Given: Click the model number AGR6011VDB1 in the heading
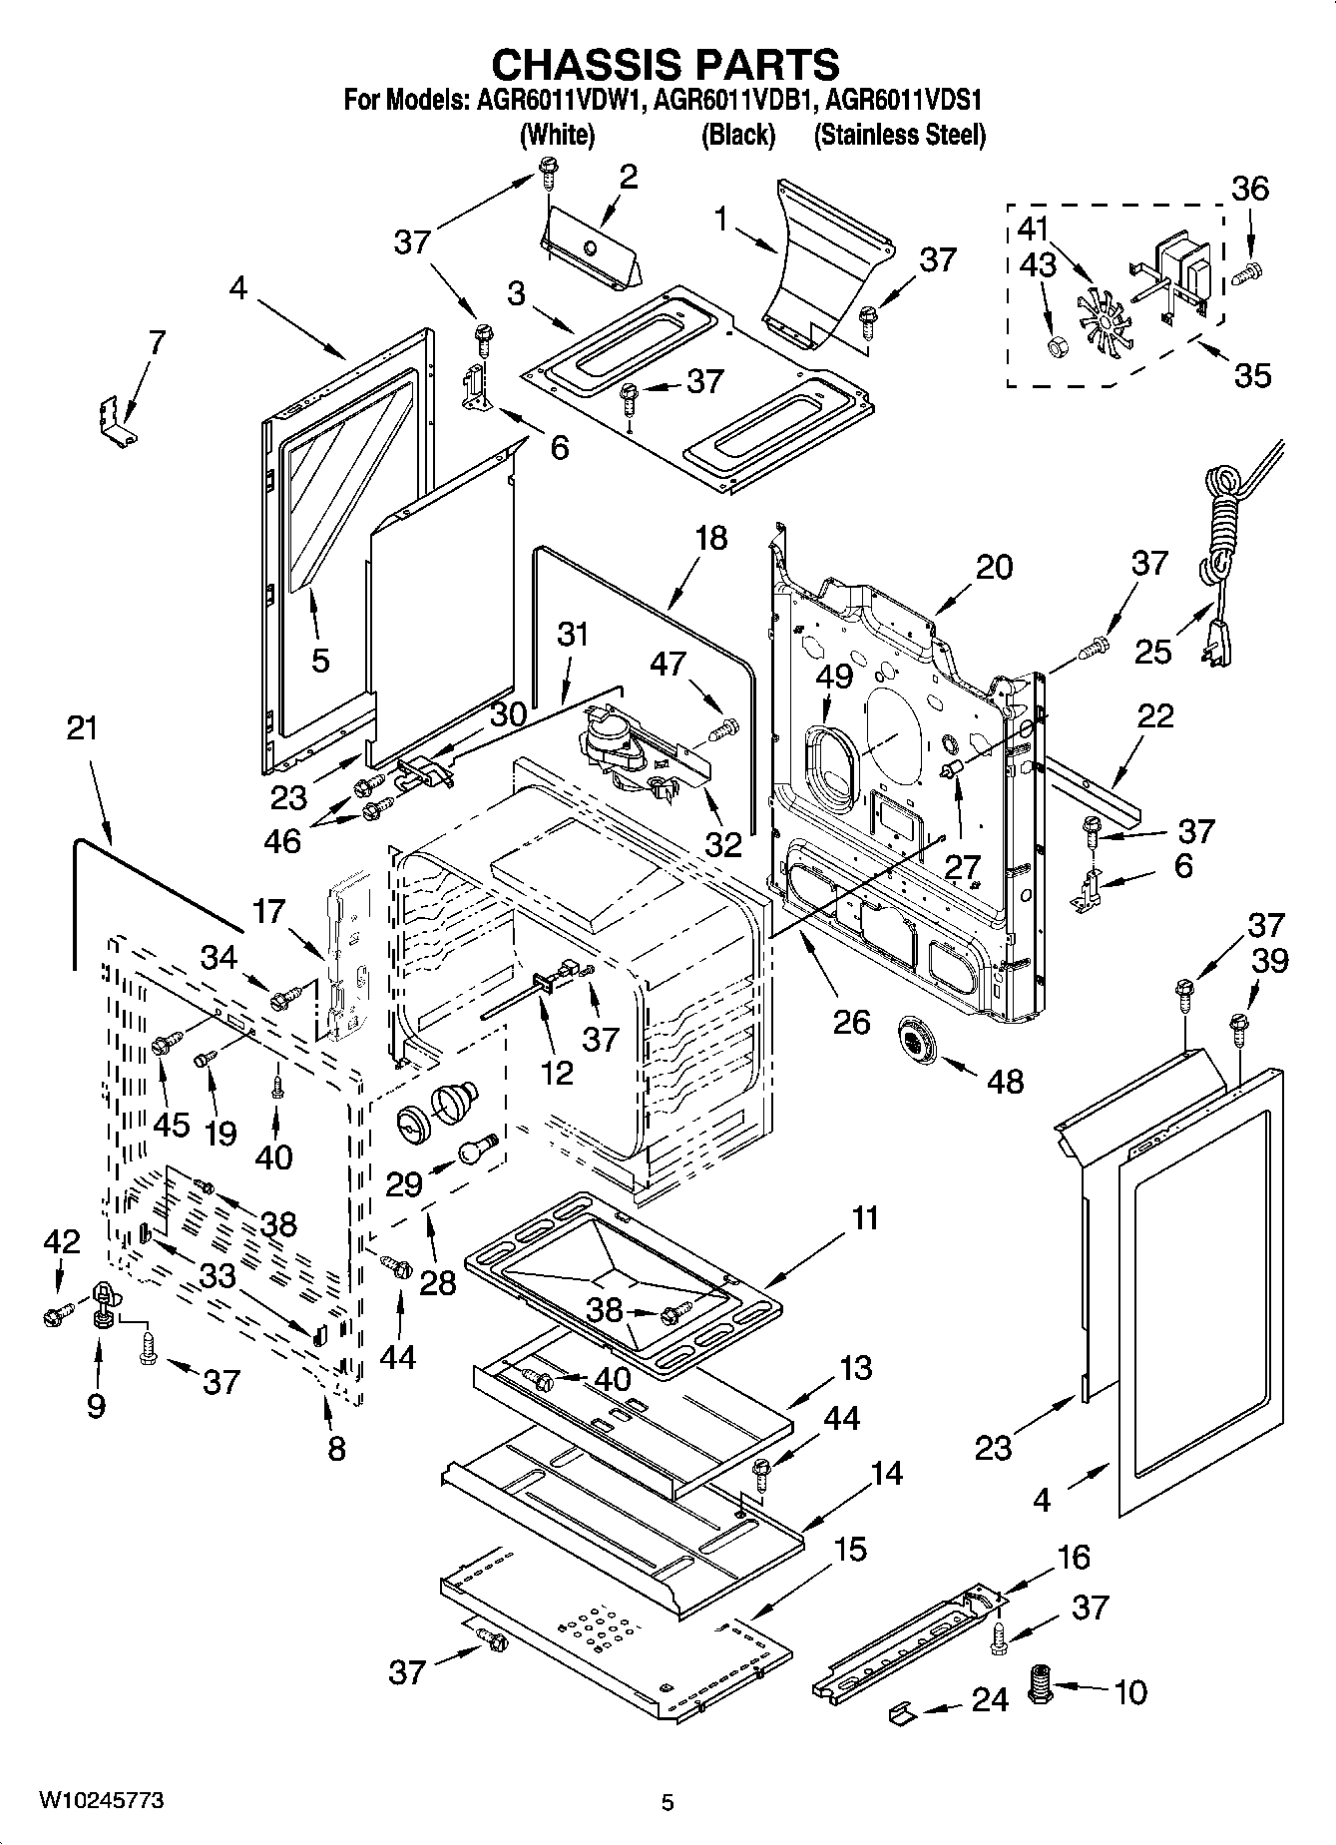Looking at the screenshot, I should pos(740,101).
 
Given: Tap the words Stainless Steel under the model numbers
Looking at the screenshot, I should pos(900,136).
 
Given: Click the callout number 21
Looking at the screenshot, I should pos(82,727).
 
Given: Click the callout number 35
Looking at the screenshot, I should pos(1252,375).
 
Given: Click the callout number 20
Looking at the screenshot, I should pos(993,567).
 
